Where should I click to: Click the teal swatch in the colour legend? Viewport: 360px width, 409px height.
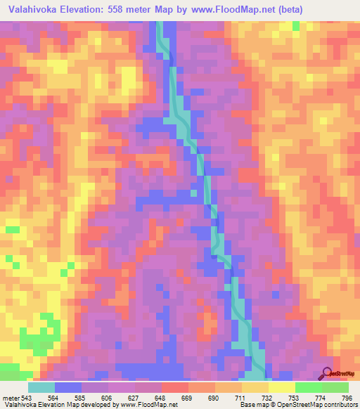pyautogui.click(x=41, y=387)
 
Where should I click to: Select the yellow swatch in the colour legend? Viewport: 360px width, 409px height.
pyautogui.click(x=281, y=387)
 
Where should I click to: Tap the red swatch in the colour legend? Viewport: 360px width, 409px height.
pyautogui.click(x=174, y=387)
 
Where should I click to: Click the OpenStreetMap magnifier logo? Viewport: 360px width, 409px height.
pyautogui.click(x=326, y=372)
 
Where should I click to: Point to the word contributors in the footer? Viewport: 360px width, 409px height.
pyautogui.click(x=337, y=405)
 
